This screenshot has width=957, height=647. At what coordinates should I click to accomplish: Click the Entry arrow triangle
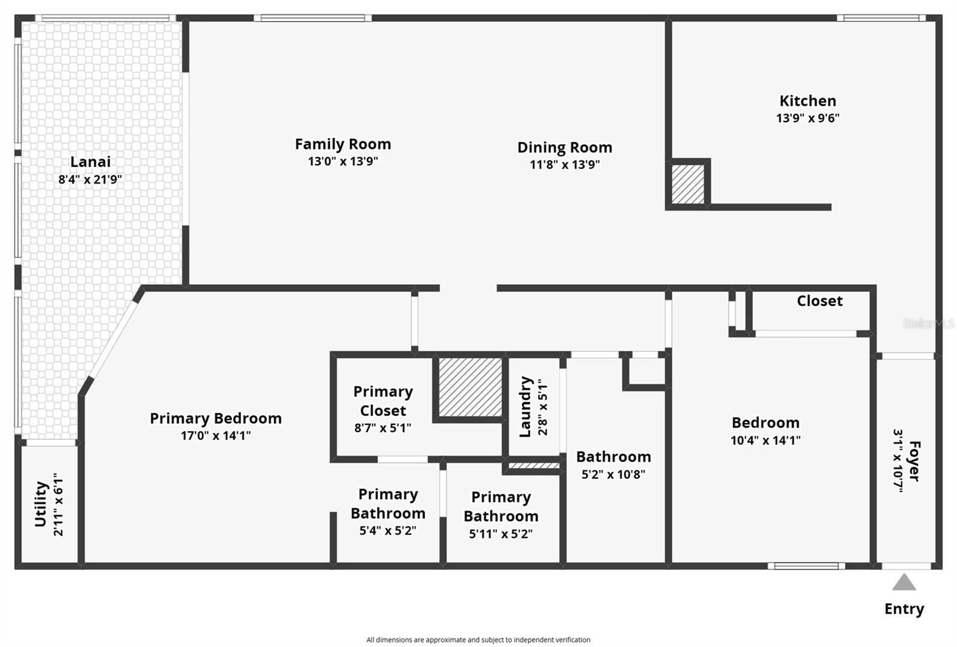(904, 583)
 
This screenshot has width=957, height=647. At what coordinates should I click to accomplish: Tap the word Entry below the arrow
(904, 609)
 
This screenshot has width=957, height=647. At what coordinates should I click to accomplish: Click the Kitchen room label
(807, 101)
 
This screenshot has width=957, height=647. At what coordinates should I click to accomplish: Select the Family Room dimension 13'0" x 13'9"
(343, 161)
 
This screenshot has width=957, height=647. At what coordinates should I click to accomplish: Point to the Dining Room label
(564, 147)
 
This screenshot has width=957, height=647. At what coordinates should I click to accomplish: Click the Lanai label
(90, 162)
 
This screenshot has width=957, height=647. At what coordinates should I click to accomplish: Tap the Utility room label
(41, 504)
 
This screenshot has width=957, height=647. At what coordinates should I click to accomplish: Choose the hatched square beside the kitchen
(688, 184)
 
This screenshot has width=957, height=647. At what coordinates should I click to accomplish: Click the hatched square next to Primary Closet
(470, 387)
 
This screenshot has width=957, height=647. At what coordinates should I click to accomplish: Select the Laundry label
(525, 406)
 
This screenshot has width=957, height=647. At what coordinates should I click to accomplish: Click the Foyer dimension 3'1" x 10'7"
(898, 460)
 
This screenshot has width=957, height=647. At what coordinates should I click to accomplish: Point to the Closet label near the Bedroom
(819, 301)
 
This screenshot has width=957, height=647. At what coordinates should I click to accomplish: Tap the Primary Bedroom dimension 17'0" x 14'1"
(215, 436)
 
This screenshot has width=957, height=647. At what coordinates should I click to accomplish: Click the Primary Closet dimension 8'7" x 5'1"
(383, 428)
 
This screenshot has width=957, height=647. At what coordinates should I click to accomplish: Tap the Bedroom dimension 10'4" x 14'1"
(765, 441)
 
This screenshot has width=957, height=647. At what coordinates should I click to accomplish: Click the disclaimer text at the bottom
(478, 640)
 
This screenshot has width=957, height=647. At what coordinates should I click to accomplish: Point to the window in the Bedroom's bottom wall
(806, 566)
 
